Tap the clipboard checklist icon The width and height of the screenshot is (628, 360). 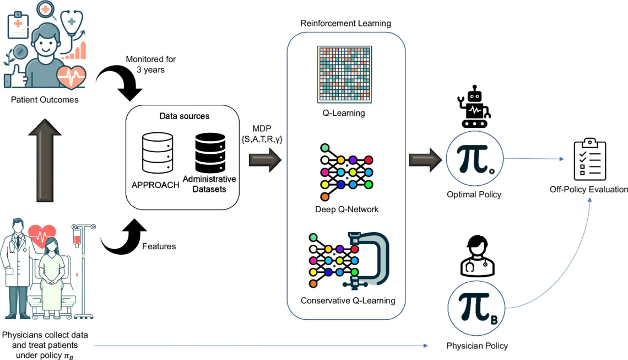(589, 159)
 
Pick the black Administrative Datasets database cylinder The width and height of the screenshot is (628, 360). (210, 152)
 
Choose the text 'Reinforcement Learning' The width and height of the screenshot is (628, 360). (345, 23)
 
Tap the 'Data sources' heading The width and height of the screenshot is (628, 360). (184, 116)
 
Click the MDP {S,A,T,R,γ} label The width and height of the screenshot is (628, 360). (262, 135)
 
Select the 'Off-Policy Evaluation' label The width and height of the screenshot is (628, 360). (588, 190)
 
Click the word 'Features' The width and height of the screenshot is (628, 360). (159, 246)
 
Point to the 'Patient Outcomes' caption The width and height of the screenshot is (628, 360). (45, 100)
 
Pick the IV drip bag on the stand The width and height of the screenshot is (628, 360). (77, 238)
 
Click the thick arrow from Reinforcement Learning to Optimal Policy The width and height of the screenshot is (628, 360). (425, 160)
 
